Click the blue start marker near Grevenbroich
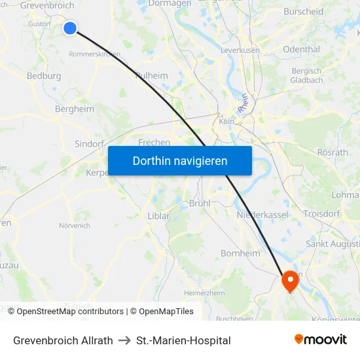(x=69, y=27)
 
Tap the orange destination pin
(x=289, y=281)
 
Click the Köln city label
(x=227, y=121)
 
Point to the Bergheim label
(x=75, y=109)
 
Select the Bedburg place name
(x=44, y=76)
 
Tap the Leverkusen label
(x=240, y=50)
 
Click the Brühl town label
(x=200, y=203)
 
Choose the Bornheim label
(x=240, y=253)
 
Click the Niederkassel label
(x=262, y=214)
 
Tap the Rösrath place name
(x=332, y=152)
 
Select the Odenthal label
(x=301, y=49)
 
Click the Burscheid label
(x=304, y=12)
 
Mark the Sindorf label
(x=90, y=144)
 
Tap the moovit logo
(x=320, y=339)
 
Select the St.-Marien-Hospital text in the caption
(x=183, y=340)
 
